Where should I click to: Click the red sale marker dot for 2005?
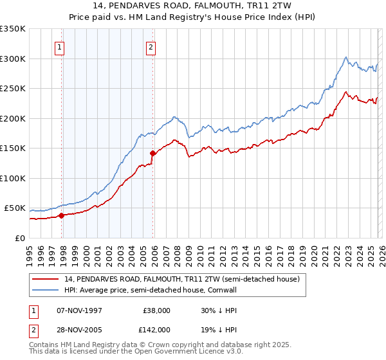pos(153,153)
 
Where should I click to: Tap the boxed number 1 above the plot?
pos(59,46)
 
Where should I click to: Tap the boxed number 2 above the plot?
pos(150,46)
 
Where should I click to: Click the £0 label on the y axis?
pos(19,238)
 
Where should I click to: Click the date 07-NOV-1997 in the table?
pos(78,310)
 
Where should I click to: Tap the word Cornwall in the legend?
pos(221,291)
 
